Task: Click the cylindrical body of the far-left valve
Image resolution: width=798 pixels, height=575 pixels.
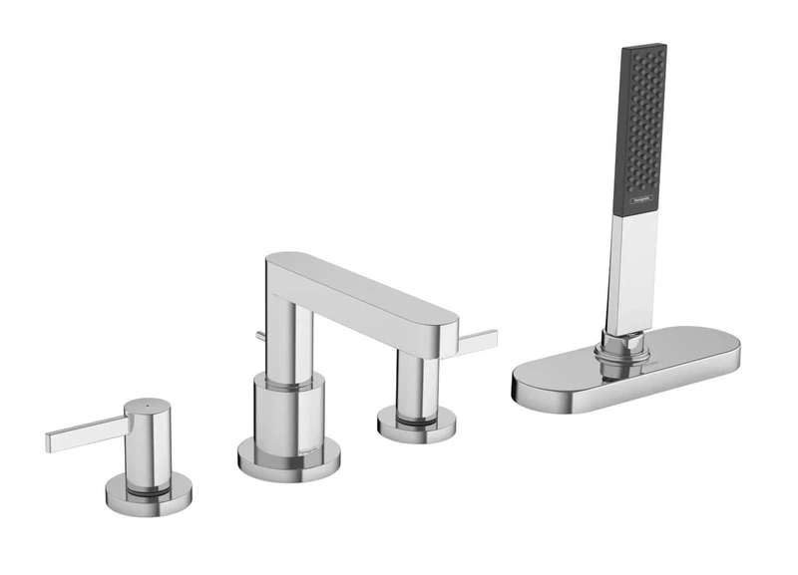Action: [x=147, y=443]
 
